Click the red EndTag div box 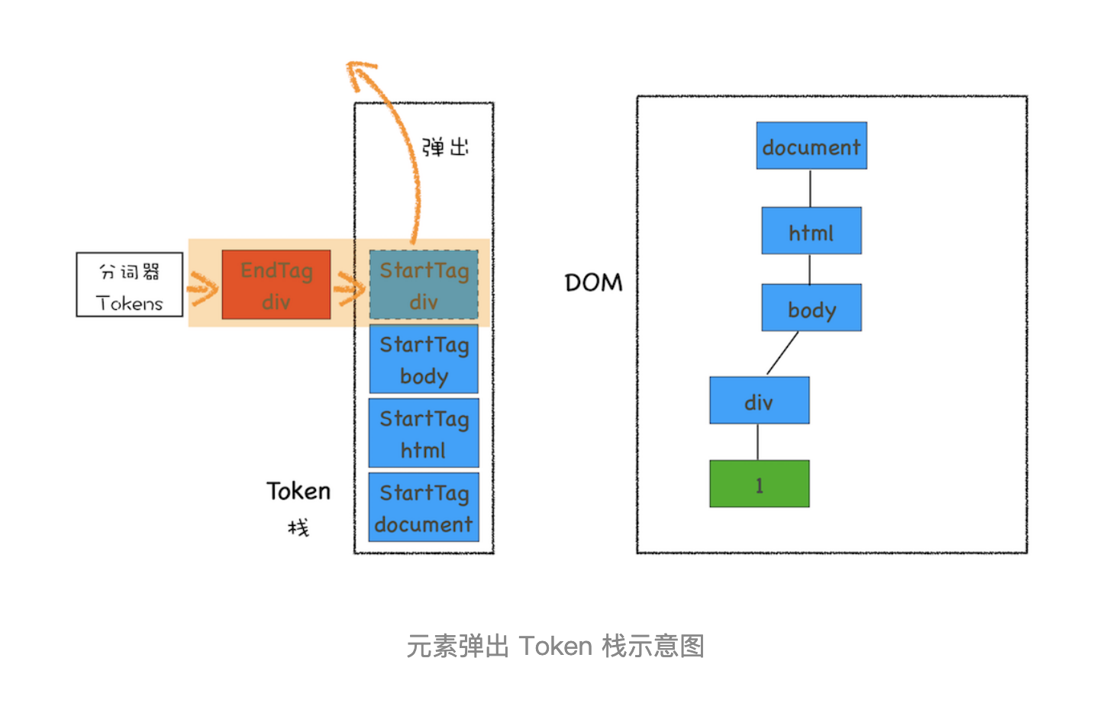(x=276, y=285)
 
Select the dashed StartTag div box (x=424, y=285)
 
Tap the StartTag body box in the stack (x=424, y=359)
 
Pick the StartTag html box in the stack (x=424, y=433)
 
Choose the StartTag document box (x=424, y=508)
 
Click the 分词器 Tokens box (x=130, y=285)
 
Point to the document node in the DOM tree (x=811, y=146)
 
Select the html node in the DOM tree (x=811, y=231)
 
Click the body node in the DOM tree (x=811, y=308)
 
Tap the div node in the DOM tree (x=759, y=400)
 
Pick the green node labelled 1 (x=759, y=484)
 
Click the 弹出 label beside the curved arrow (x=445, y=147)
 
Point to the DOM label (x=593, y=283)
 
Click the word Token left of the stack (x=298, y=491)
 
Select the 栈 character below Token (x=298, y=527)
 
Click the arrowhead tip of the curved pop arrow (x=352, y=66)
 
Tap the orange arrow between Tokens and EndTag (x=203, y=289)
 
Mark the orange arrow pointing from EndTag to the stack (x=350, y=289)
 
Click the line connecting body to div (x=782, y=353)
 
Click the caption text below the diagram (x=555, y=647)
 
